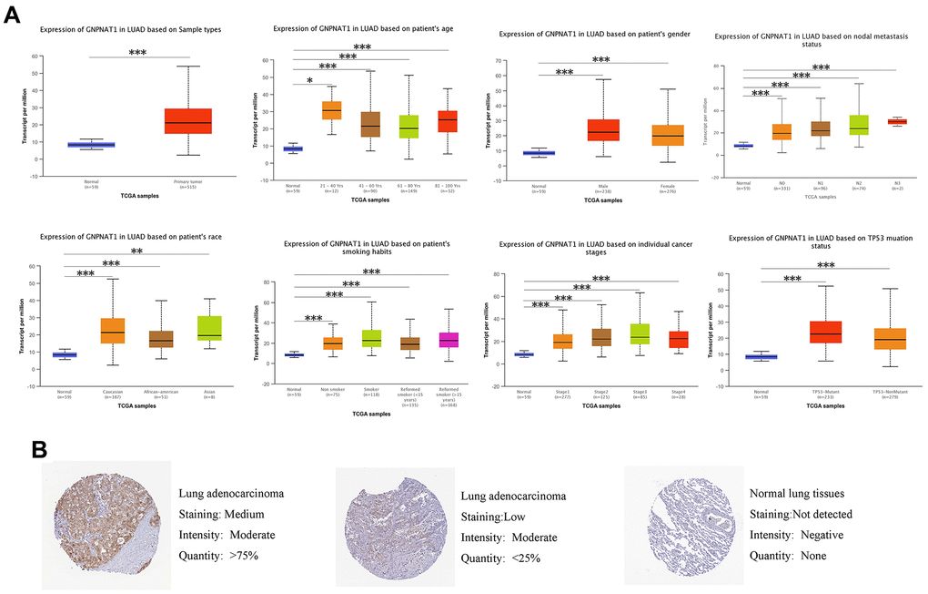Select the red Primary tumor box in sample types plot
[188, 121]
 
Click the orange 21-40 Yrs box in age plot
[307, 110]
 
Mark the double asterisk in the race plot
[136, 252]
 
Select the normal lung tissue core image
[677, 517]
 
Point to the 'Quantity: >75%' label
[218, 553]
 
